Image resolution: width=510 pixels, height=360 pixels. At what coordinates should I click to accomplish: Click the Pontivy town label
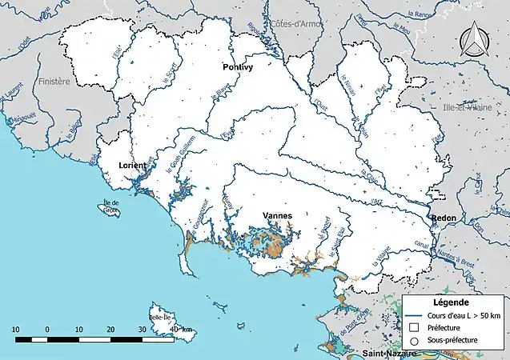tap(237, 69)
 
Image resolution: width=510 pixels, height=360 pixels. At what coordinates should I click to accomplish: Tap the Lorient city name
tap(132, 165)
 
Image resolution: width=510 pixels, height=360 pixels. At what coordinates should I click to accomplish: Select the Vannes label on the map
tap(277, 215)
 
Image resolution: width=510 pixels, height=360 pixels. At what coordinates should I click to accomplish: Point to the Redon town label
tap(444, 218)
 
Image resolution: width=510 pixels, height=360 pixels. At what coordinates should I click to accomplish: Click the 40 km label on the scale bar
tap(180, 330)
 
